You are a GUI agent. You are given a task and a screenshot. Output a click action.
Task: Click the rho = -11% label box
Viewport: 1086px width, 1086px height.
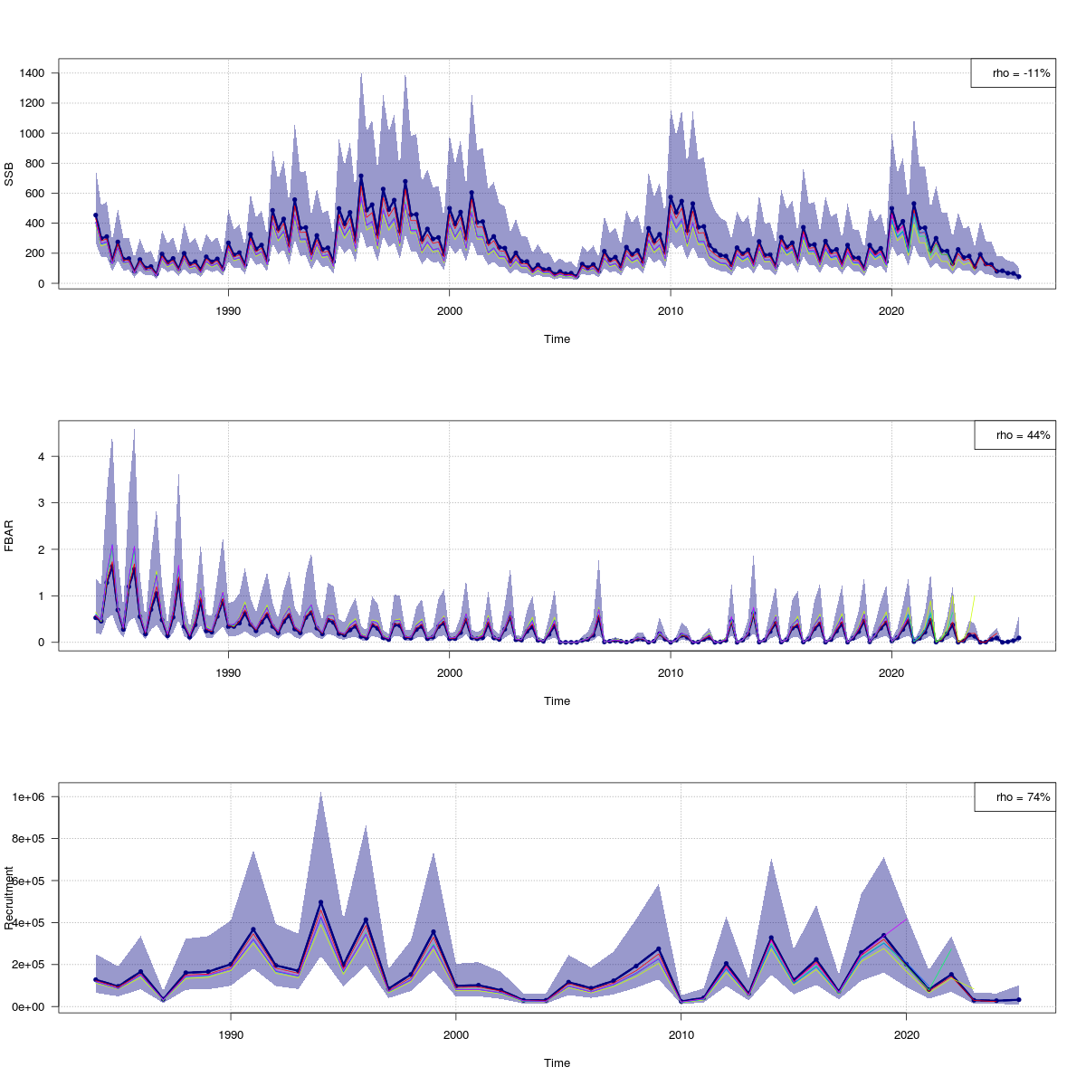tap(1013, 73)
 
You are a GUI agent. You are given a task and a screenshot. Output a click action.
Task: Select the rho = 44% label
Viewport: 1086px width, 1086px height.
tap(1015, 435)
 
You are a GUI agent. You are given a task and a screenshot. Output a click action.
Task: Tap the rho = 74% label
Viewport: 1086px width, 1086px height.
tap(1015, 797)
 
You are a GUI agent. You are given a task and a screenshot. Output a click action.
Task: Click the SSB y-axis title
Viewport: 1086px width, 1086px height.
tap(10, 175)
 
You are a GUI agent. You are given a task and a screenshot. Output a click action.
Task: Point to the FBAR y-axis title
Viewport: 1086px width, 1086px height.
tap(10, 536)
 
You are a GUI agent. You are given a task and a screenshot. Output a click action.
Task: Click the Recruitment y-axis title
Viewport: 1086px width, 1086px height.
tap(10, 898)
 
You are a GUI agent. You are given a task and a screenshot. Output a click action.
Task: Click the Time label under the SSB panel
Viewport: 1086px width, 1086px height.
tap(557, 339)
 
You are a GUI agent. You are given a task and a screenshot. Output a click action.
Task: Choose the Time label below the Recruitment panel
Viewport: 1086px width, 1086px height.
tap(557, 1063)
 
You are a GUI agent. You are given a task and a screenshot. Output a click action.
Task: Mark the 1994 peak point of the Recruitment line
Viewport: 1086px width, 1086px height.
tap(320, 902)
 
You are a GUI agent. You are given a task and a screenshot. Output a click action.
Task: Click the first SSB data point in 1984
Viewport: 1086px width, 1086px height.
tap(96, 215)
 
